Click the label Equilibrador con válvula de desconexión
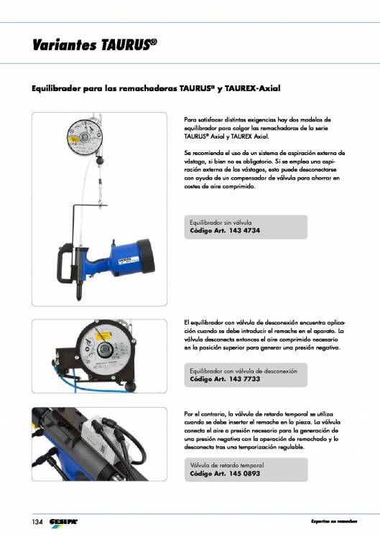pyautogui.click(x=238, y=369)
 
